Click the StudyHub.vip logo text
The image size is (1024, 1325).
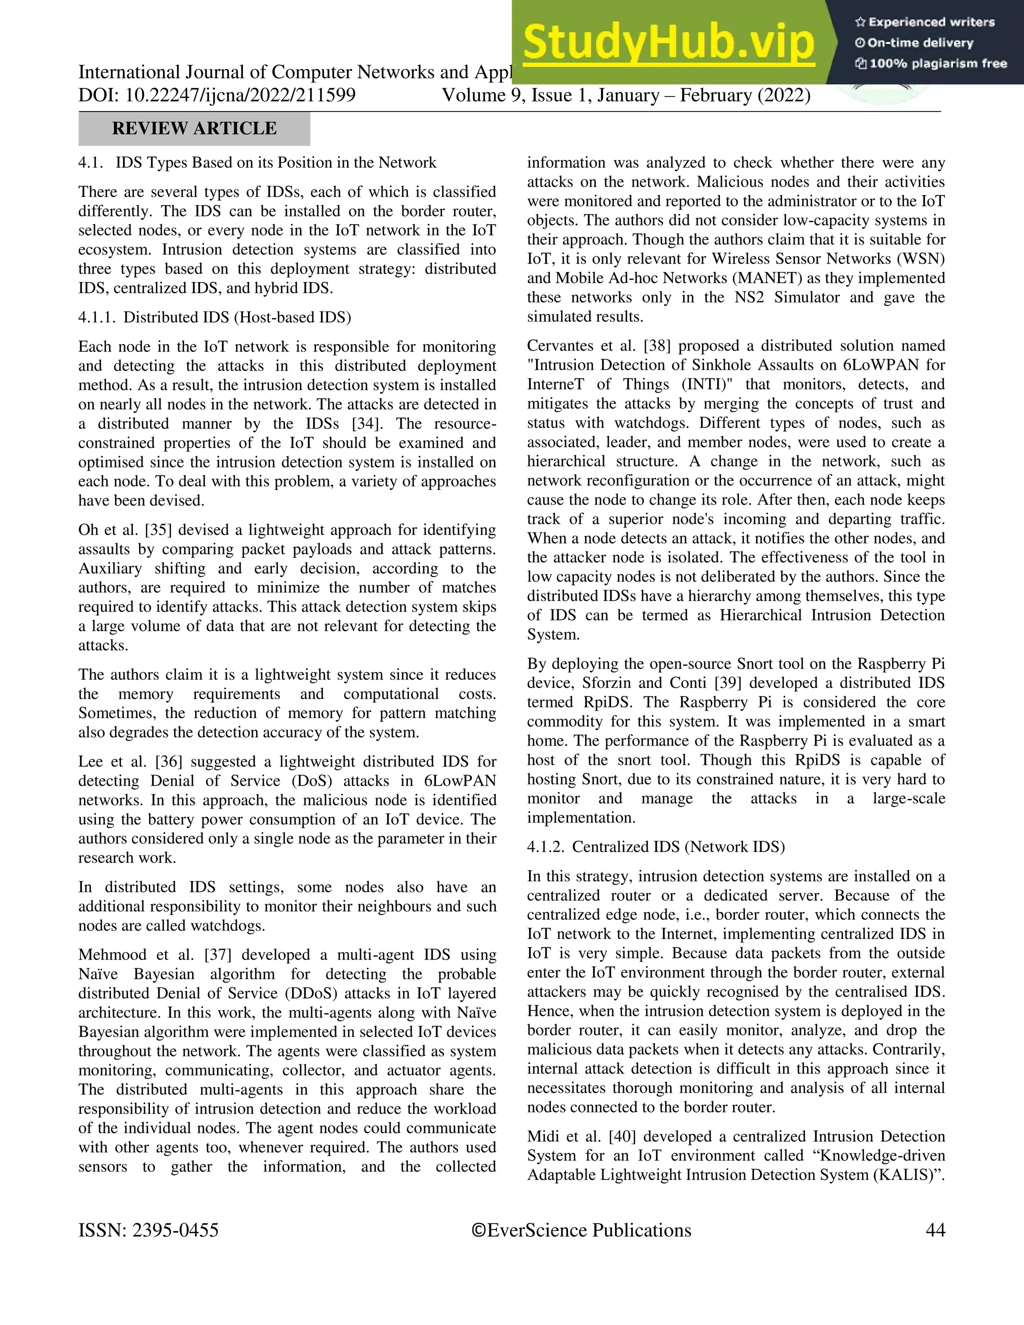(668, 42)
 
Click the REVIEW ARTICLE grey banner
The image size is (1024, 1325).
(194, 128)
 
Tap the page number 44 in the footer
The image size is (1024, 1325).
(935, 1230)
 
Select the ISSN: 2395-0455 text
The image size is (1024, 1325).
(148, 1230)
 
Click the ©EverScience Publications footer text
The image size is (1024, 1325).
(581, 1230)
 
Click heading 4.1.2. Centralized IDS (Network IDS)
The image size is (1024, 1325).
(656, 847)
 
